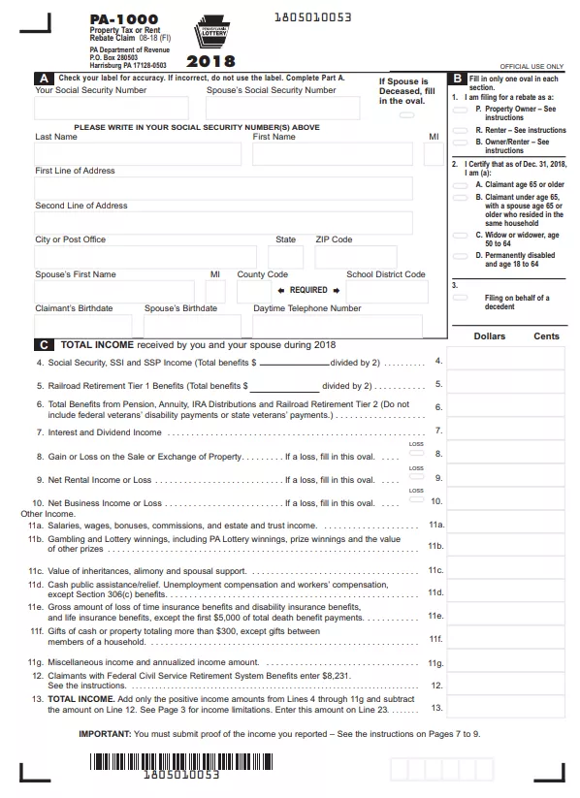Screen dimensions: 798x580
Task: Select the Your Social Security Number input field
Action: click(x=112, y=108)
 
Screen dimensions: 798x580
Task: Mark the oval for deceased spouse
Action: click(x=406, y=114)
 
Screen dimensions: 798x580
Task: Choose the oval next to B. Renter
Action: click(x=460, y=129)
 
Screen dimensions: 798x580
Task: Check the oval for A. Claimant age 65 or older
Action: click(x=460, y=184)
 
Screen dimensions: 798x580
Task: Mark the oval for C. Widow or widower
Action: click(x=460, y=235)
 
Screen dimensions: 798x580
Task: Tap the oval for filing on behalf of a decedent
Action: click(x=460, y=298)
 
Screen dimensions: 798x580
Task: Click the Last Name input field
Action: click(x=138, y=154)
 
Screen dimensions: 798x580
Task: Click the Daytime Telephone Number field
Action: click(x=337, y=325)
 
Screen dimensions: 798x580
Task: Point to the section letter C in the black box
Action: click(x=45, y=344)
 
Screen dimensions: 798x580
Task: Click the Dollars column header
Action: click(x=489, y=336)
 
